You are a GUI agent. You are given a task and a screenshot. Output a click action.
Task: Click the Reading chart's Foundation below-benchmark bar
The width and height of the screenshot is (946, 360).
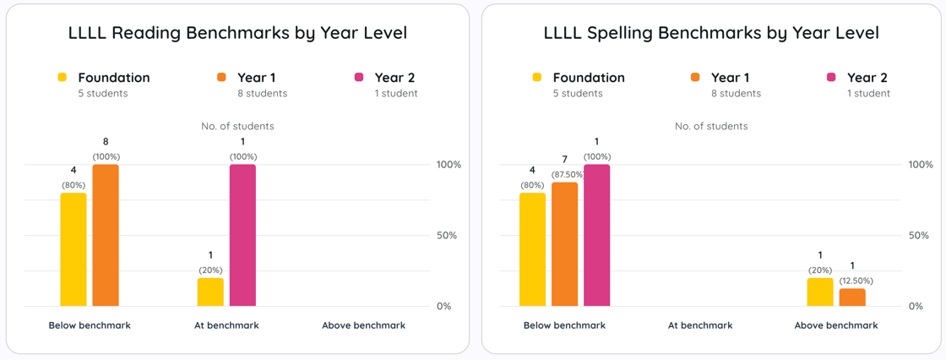pos(73,249)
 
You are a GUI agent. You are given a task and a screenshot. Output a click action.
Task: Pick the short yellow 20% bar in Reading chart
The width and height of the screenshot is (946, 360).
pos(210,292)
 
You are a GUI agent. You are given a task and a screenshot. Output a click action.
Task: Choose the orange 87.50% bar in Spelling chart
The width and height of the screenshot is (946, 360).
pos(564,244)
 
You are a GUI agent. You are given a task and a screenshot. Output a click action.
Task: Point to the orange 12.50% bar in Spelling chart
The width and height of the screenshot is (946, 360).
pos(852,297)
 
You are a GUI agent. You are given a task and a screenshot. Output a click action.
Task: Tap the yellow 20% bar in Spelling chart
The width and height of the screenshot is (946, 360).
pos(820,292)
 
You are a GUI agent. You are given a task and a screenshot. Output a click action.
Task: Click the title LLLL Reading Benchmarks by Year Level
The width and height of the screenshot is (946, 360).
pos(237,34)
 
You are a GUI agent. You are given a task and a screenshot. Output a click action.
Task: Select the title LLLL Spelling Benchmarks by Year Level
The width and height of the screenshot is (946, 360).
pos(711,34)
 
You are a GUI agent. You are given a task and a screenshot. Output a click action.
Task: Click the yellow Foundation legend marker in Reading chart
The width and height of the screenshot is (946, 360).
pos(62,77)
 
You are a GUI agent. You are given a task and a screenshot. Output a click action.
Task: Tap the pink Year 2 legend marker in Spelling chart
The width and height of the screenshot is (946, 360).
pos(831,77)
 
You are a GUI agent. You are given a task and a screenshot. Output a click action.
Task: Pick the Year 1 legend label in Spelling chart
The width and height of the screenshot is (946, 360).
pos(731,78)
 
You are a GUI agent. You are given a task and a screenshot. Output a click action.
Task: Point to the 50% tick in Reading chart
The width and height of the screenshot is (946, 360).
pos(449,235)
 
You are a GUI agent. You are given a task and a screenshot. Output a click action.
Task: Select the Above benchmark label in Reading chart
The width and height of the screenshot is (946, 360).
pos(364,325)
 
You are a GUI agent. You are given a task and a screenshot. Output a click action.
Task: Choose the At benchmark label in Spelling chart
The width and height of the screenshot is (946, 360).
pos(700,325)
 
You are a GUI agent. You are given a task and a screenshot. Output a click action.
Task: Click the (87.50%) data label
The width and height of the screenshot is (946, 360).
pos(568,175)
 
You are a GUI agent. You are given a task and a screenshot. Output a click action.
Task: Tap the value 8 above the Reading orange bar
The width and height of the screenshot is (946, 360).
pos(106,142)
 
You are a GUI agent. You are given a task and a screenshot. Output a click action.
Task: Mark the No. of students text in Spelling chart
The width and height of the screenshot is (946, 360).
pos(711,126)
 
